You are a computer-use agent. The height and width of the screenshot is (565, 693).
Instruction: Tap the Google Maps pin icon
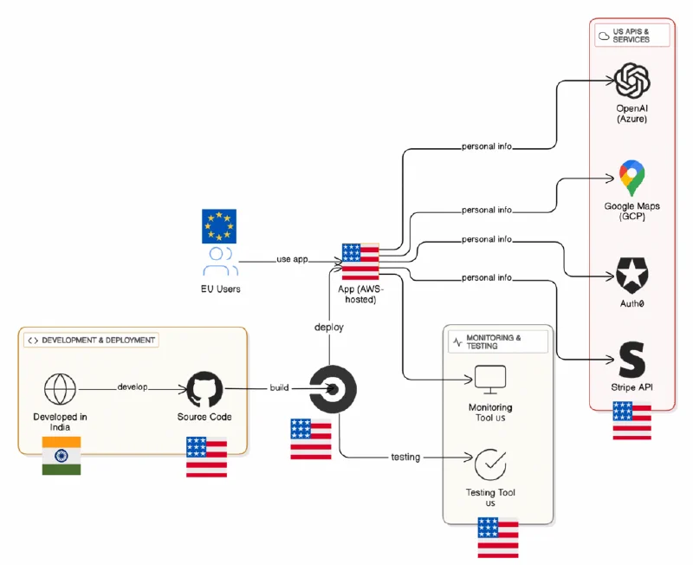(631, 179)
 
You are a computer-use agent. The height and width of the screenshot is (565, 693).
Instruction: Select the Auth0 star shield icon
(631, 276)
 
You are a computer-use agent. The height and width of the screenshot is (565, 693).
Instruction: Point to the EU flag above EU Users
(218, 225)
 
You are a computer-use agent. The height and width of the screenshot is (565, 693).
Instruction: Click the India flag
(62, 456)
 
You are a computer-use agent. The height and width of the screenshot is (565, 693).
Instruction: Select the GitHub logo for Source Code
(205, 390)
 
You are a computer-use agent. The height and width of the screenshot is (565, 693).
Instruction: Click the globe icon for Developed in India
(61, 389)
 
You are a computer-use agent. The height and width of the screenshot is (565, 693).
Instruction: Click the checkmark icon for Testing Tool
(490, 464)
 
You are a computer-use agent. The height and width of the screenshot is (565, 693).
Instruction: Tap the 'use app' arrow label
(293, 259)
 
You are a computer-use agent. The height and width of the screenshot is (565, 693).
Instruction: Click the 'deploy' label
(329, 328)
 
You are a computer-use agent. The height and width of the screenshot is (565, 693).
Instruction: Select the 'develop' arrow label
(133, 387)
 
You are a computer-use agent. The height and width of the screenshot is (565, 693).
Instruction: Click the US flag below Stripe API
(631, 421)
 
